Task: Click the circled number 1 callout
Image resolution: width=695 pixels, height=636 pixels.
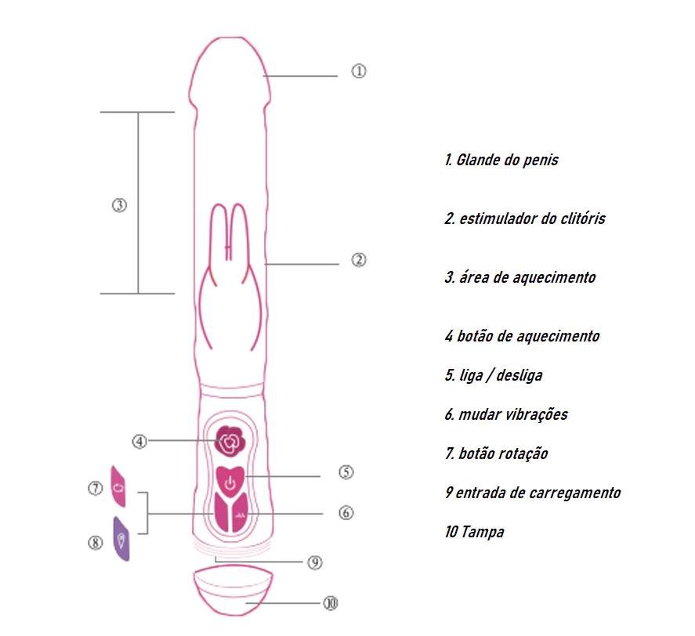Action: pyautogui.click(x=358, y=71)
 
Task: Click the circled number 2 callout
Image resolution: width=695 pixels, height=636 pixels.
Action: pyautogui.click(x=358, y=260)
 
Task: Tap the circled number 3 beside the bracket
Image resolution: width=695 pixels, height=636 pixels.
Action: pyautogui.click(x=119, y=205)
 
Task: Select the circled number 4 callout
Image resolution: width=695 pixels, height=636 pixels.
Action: pyautogui.click(x=139, y=441)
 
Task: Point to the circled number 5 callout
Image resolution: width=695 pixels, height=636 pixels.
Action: pyautogui.click(x=346, y=472)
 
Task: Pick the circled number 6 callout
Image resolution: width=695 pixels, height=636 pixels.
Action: pyautogui.click(x=346, y=513)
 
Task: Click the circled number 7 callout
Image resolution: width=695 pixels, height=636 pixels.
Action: pyautogui.click(x=96, y=488)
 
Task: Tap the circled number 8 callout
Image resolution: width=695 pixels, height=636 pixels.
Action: pyautogui.click(x=96, y=542)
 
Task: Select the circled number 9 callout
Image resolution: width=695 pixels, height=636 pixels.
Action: pyautogui.click(x=315, y=562)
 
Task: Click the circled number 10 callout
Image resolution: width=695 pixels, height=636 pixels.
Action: pyautogui.click(x=330, y=603)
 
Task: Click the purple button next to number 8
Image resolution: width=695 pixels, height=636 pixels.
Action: pyautogui.click(x=121, y=539)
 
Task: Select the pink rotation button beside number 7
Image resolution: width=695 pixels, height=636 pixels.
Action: pyautogui.click(x=118, y=487)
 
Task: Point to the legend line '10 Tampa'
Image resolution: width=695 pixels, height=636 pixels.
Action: pyautogui.click(x=474, y=532)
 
